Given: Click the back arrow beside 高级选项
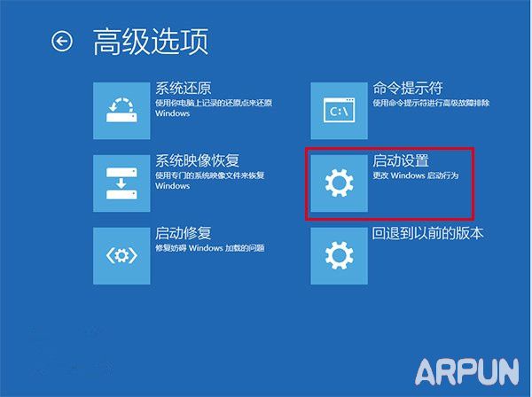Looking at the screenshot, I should click(x=61, y=42).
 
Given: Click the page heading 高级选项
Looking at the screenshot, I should click(x=151, y=42).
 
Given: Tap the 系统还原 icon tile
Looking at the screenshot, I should click(x=121, y=110).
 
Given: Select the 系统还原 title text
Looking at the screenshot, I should click(x=184, y=89).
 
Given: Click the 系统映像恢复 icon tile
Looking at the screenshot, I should click(x=121, y=183).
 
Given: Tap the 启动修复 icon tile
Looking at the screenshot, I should click(x=121, y=256).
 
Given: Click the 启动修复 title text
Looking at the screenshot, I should click(x=184, y=234).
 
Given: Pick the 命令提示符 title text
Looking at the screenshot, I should click(x=408, y=89).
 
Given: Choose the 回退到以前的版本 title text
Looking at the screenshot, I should click(x=428, y=234).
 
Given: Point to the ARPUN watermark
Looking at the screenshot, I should click(x=465, y=367).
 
